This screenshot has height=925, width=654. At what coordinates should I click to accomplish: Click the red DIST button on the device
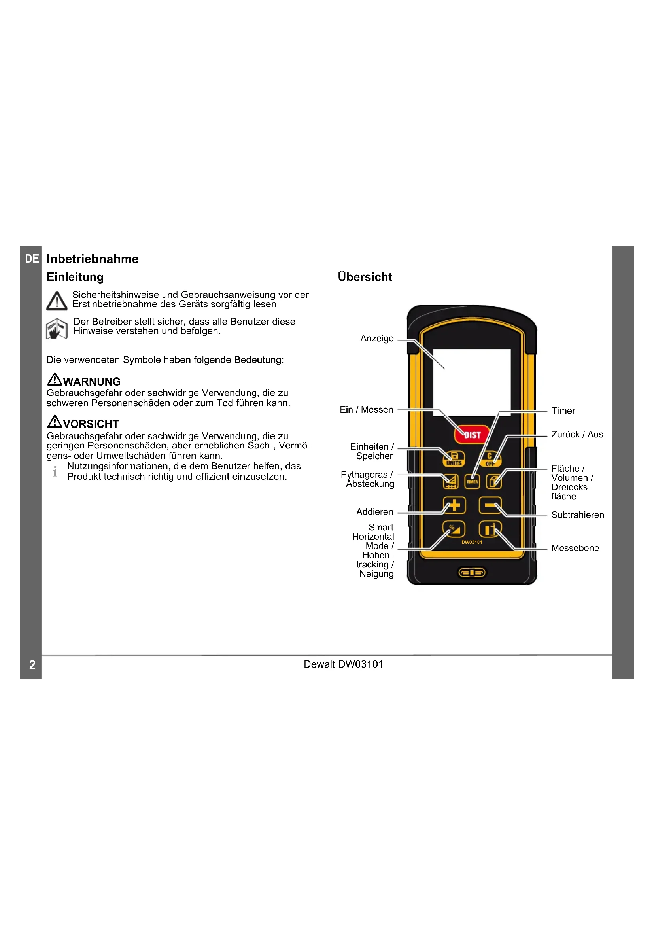[x=471, y=435]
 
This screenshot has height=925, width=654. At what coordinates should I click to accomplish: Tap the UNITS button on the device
[x=454, y=459]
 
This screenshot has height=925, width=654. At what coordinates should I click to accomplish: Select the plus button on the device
[x=454, y=505]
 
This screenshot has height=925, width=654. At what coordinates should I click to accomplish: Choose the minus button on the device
[x=490, y=505]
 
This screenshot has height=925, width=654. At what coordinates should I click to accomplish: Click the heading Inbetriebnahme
[x=92, y=259]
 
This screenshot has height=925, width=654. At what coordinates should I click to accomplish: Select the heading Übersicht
[x=365, y=277]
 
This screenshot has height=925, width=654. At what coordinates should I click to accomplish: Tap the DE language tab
[x=32, y=259]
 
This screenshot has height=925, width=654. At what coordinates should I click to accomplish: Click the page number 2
[x=32, y=664]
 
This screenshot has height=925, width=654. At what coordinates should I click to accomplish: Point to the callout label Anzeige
[x=376, y=339]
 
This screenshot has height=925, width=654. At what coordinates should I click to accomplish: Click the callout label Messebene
[x=575, y=548]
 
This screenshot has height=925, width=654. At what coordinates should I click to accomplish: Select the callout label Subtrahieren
[x=577, y=515]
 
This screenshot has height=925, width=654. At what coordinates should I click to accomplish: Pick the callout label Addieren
[x=374, y=512]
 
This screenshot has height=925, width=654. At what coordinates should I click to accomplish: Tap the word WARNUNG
[x=91, y=382]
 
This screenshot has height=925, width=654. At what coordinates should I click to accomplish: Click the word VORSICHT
[x=91, y=424]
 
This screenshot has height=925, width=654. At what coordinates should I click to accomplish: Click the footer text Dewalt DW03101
[x=343, y=664]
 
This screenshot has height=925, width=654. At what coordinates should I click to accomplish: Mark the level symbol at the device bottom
[x=472, y=573]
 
